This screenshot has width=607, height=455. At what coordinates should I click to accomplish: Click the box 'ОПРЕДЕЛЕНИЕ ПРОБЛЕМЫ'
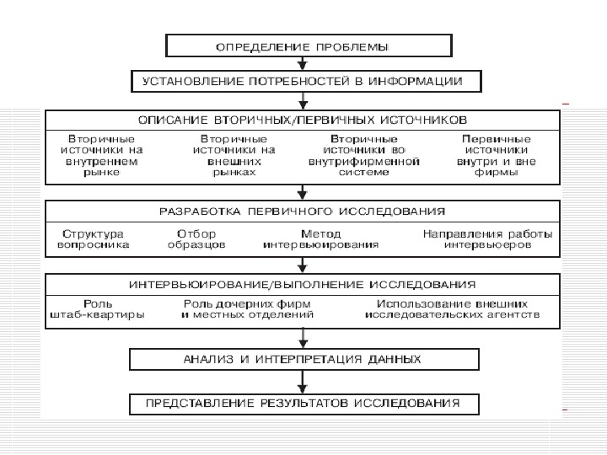[x=309, y=45]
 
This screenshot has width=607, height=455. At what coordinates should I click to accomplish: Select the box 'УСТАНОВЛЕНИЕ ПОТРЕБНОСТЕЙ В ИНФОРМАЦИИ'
[x=306, y=81]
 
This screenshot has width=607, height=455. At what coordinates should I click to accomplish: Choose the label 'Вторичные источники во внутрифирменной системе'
[x=364, y=154]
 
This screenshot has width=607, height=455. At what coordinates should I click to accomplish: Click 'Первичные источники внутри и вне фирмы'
[x=497, y=154]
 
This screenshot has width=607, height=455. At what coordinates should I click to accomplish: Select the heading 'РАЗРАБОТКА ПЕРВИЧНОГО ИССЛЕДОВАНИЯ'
[x=303, y=210]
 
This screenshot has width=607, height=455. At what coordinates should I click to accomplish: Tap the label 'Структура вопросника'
[x=93, y=239]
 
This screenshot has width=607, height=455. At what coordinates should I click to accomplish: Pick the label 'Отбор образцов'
[x=196, y=239]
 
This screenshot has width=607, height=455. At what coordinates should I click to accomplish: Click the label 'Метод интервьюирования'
[x=320, y=239]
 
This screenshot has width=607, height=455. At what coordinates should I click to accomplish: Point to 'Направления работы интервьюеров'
[x=488, y=239]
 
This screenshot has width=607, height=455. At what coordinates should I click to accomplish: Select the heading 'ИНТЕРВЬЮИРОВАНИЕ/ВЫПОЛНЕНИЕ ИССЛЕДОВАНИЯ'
[x=303, y=284]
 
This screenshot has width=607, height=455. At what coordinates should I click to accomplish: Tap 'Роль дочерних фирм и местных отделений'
[x=247, y=309]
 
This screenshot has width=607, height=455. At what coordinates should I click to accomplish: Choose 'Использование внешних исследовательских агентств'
[x=452, y=309]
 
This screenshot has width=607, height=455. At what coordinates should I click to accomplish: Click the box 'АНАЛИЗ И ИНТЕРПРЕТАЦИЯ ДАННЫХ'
[x=303, y=360]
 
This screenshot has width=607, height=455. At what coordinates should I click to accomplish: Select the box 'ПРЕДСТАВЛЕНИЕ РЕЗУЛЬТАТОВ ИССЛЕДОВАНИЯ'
[x=303, y=404]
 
